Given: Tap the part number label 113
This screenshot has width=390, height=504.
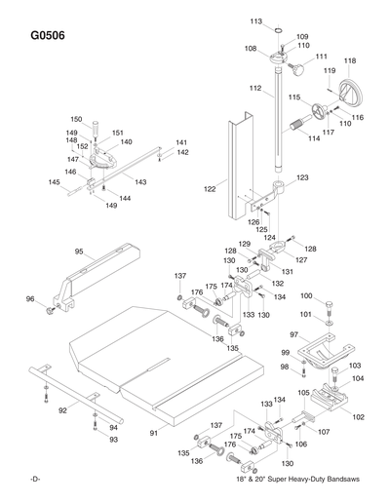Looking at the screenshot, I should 255,20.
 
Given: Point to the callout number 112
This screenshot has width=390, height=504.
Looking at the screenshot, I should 254,89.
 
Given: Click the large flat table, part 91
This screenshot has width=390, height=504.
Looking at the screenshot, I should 166,361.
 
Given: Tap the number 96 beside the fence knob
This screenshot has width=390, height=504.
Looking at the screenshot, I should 30,299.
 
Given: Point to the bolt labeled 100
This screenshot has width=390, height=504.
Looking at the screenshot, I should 330,297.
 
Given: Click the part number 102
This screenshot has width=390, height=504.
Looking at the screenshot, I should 358,416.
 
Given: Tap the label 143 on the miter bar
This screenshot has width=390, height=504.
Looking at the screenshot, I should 140,182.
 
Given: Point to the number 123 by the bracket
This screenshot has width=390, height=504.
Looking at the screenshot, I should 302,177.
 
